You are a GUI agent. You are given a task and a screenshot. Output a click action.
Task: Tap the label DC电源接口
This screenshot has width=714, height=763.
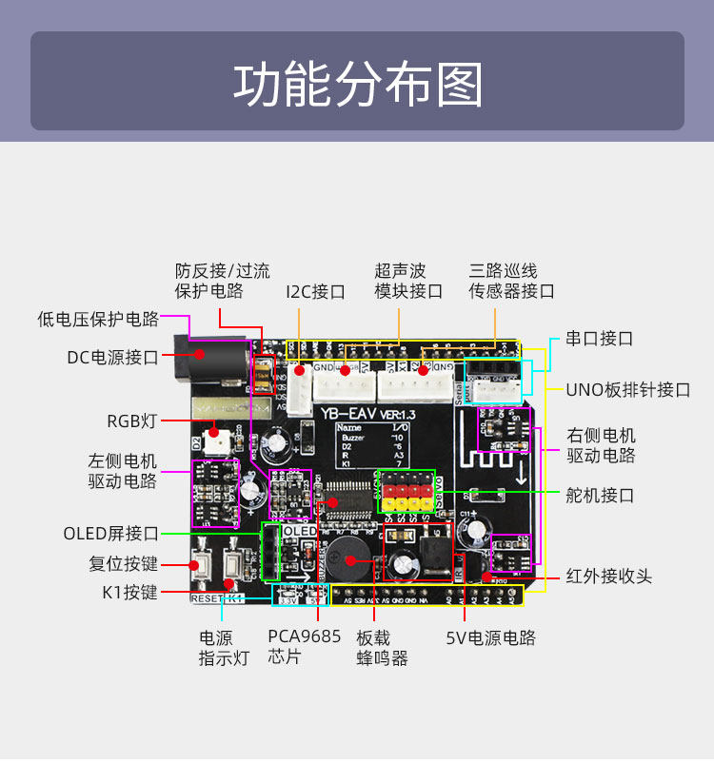[x=112, y=358]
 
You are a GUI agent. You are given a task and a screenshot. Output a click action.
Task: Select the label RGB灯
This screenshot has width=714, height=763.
[x=131, y=421]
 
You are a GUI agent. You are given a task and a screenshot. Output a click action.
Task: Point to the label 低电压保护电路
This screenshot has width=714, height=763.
[x=98, y=319]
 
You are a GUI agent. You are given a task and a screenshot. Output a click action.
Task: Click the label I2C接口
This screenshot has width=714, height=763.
[x=315, y=291]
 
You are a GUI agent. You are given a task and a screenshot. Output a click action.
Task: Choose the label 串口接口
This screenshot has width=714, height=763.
[x=599, y=339]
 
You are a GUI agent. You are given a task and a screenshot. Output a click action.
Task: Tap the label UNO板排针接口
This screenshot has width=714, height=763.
[x=627, y=389]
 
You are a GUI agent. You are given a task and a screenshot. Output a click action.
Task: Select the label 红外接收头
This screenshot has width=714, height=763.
[x=609, y=577]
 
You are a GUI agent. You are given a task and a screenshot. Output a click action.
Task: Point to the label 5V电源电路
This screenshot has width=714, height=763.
[x=491, y=637]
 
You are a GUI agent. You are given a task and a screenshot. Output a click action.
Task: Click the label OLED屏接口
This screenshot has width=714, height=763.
[x=110, y=534]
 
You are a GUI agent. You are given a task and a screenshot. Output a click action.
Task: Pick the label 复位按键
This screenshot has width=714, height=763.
[x=124, y=564]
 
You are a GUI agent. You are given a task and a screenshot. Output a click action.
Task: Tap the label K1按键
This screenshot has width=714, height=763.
[x=129, y=593]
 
